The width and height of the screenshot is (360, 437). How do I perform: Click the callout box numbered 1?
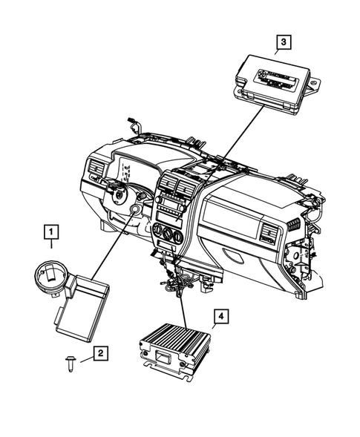50,237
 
